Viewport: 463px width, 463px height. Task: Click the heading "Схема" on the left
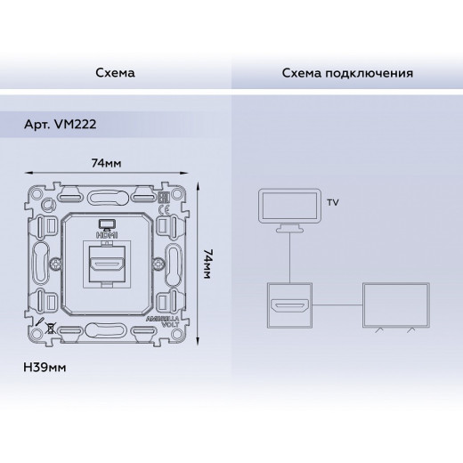(115, 71)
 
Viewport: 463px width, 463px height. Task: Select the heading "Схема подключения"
(347, 71)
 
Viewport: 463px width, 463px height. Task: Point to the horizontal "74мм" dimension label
(106, 163)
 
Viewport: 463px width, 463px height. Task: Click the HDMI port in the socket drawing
(106, 264)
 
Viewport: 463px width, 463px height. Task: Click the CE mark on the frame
(164, 214)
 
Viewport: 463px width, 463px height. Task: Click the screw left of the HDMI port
(56, 264)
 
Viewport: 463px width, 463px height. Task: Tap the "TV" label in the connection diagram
(333, 203)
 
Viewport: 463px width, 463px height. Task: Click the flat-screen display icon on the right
(393, 306)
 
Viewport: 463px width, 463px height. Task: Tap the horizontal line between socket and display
(337, 305)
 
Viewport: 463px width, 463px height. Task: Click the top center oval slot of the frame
(106, 192)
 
